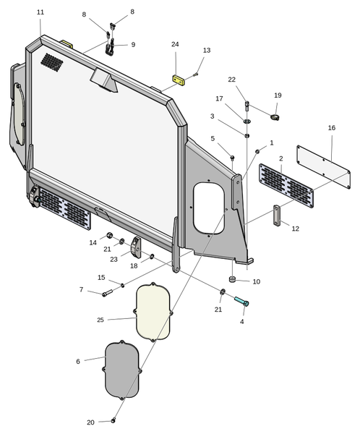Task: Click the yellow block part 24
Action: [x=179, y=80]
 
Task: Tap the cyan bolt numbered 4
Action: [x=242, y=301]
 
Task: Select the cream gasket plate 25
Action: [x=153, y=312]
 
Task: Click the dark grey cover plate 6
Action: [x=122, y=370]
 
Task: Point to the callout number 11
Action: [x=40, y=12]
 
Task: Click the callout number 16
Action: [x=332, y=127]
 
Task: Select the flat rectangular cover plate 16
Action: [x=323, y=166]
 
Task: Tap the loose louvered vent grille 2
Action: [x=286, y=185]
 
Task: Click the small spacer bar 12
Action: [x=277, y=216]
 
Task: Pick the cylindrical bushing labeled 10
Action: [x=232, y=279]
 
